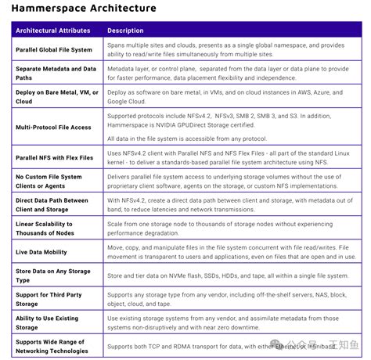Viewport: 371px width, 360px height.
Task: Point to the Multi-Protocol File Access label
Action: tap(53, 127)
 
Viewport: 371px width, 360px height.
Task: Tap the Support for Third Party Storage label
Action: tap(49, 299)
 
